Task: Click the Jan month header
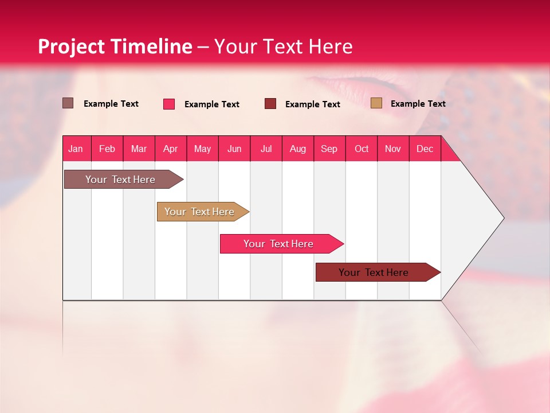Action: click(76, 149)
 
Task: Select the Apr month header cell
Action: click(170, 149)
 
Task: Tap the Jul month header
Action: click(266, 149)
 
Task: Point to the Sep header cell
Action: click(329, 149)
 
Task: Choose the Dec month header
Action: click(425, 149)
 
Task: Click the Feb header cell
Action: click(107, 149)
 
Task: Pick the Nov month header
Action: click(393, 149)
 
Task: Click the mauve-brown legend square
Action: click(68, 103)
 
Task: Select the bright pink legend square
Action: click(169, 104)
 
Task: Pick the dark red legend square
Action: click(270, 104)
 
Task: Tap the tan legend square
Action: click(376, 103)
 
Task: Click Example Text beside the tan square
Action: click(418, 104)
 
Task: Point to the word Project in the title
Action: click(71, 46)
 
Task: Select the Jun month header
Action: click(234, 149)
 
